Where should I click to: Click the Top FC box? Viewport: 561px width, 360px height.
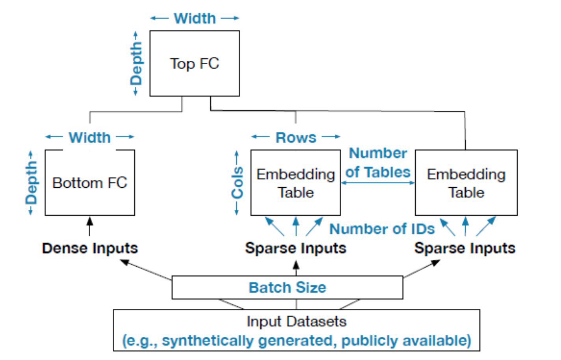click(x=195, y=63)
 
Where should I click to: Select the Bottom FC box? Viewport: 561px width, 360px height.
click(x=90, y=183)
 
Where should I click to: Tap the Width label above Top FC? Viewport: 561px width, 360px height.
click(x=195, y=18)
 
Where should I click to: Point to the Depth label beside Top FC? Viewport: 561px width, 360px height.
click(x=136, y=63)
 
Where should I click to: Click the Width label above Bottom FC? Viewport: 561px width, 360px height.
click(x=90, y=137)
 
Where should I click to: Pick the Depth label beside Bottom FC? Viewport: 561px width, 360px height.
click(x=31, y=183)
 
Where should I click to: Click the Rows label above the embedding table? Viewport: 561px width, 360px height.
click(x=295, y=137)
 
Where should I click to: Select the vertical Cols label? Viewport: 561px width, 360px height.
click(x=237, y=183)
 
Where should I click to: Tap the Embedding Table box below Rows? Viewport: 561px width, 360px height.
click(x=295, y=183)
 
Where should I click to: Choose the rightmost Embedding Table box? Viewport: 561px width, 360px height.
click(x=466, y=183)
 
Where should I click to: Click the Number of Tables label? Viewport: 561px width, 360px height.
click(x=378, y=162)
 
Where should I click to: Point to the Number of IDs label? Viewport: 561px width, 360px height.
click(x=382, y=229)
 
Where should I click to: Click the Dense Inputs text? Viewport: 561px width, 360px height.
click(x=90, y=248)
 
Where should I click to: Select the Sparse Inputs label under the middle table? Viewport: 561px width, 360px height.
click(x=295, y=248)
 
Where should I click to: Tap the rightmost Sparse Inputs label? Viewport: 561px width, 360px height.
click(x=465, y=248)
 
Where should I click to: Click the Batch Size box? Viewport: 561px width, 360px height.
click(x=287, y=287)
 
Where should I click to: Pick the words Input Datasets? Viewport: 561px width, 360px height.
click(x=296, y=321)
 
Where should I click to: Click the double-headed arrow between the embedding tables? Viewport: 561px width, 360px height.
click(x=378, y=183)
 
